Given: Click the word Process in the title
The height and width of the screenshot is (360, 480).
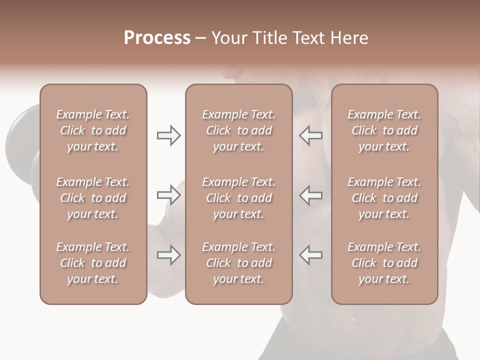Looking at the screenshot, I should click(x=157, y=38).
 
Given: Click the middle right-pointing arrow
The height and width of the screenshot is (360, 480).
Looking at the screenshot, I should click(x=168, y=195).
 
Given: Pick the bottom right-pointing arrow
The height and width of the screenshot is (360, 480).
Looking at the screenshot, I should click(x=168, y=255).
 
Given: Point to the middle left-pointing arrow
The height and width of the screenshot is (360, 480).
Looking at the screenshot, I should click(x=311, y=195).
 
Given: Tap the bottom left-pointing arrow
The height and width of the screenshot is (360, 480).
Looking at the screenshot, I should click(x=311, y=255).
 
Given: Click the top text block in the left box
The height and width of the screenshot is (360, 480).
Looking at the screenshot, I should click(x=93, y=130).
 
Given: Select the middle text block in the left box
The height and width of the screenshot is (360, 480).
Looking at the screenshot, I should click(x=93, y=198).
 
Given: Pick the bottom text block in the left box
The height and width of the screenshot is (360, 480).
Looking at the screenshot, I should click(x=93, y=263).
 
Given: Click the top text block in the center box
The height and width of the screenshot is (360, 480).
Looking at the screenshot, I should click(x=238, y=130).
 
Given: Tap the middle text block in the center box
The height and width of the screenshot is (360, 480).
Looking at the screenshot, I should click(x=238, y=198).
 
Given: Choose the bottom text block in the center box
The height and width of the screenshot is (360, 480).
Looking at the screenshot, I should click(x=238, y=263).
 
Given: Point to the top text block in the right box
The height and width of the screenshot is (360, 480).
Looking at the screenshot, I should click(x=384, y=130).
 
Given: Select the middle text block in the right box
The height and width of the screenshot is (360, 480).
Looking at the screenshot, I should click(x=384, y=198).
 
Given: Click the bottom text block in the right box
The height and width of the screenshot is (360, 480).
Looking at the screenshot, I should click(x=384, y=263).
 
